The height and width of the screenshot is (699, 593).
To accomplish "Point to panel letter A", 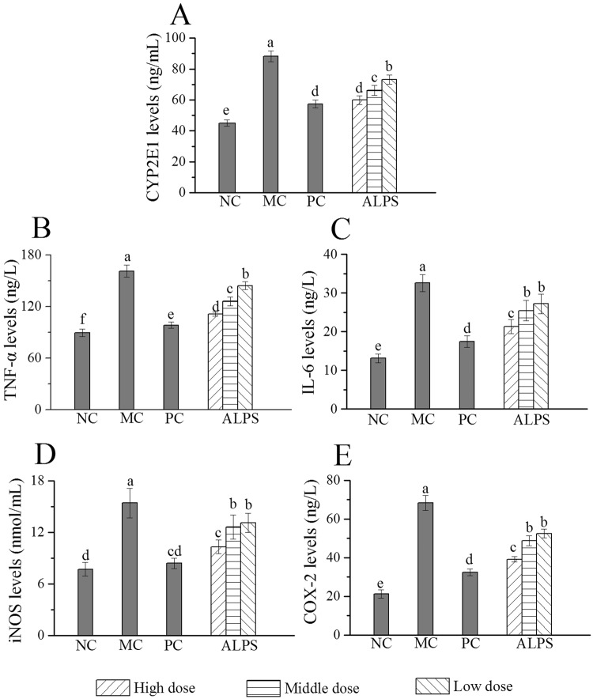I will [180, 14].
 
